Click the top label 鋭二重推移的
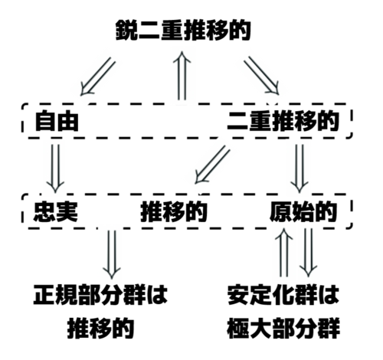click(183, 30)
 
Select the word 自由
click(57, 121)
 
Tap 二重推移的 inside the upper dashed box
click(283, 121)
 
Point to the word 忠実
click(56, 211)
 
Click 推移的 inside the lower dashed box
click(174, 211)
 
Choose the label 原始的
click(303, 211)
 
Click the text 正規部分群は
click(100, 295)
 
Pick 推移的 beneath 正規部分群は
click(101, 328)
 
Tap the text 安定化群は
click(283, 295)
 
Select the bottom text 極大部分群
click(283, 328)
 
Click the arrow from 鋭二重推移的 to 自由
click(97, 77)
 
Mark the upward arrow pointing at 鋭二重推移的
click(182, 76)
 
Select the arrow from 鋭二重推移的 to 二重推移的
click(261, 76)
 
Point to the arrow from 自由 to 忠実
click(55, 169)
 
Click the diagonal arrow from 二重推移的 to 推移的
click(212, 165)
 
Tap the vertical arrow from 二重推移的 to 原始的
click(300, 169)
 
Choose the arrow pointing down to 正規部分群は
click(112, 254)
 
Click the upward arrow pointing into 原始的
click(284, 252)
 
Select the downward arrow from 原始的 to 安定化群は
click(308, 252)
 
